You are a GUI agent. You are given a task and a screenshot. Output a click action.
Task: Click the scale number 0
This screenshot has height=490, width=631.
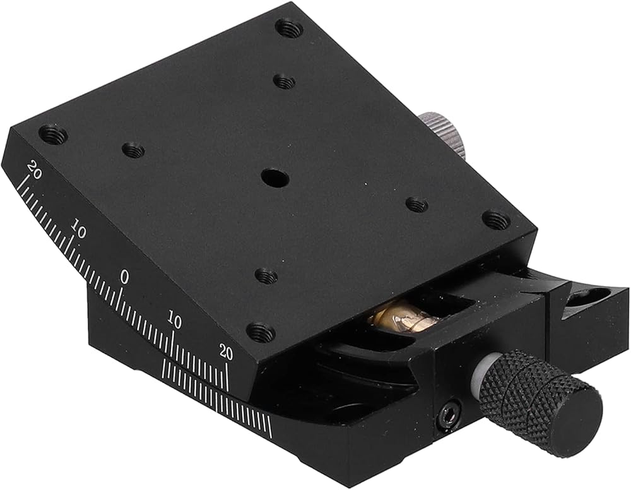[125, 277]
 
